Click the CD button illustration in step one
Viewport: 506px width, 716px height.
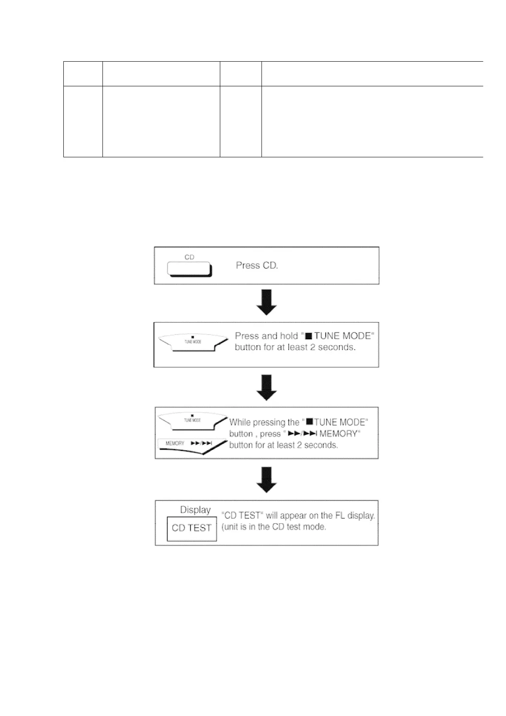[189, 269]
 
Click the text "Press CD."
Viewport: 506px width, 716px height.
[257, 265]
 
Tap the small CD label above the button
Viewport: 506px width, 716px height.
[189, 257]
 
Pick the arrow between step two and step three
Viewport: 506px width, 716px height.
[267, 387]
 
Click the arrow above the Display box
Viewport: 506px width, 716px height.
[267, 479]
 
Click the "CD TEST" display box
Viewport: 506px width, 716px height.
[192, 528]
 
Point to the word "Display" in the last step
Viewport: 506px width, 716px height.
[195, 510]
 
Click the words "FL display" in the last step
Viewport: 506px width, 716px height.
[353, 516]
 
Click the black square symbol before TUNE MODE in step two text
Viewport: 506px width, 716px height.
[309, 337]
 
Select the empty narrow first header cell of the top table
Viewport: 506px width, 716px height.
[83, 74]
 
